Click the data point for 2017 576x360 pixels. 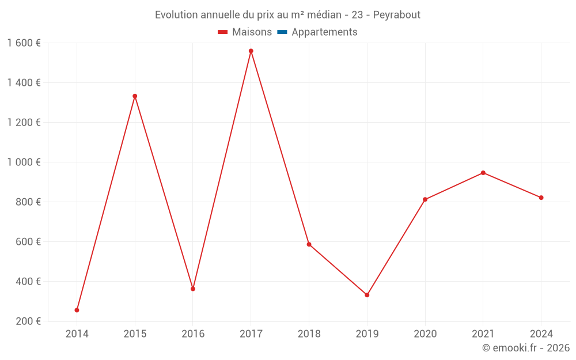pos(251,51)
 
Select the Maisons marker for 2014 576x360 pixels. pos(77,310)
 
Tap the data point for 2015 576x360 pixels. pos(135,96)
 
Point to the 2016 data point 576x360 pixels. pos(193,289)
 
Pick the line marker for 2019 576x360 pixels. pos(367,295)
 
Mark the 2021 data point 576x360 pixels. pos(483,173)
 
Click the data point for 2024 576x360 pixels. pos(541,198)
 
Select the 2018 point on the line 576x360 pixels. pos(309,244)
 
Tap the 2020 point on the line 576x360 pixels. pos(425,200)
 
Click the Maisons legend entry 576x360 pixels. pos(245,32)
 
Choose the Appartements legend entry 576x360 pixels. pos(317,32)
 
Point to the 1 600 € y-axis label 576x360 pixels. pos(24,43)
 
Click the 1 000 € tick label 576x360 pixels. pos(24,162)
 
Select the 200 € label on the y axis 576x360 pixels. pos(27,321)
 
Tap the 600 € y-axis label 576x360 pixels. pos(27,242)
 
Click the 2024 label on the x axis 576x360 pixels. pos(541,334)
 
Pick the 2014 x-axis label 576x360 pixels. pos(77,334)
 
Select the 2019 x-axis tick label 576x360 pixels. pos(367,334)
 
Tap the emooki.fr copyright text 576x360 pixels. pos(526,348)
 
